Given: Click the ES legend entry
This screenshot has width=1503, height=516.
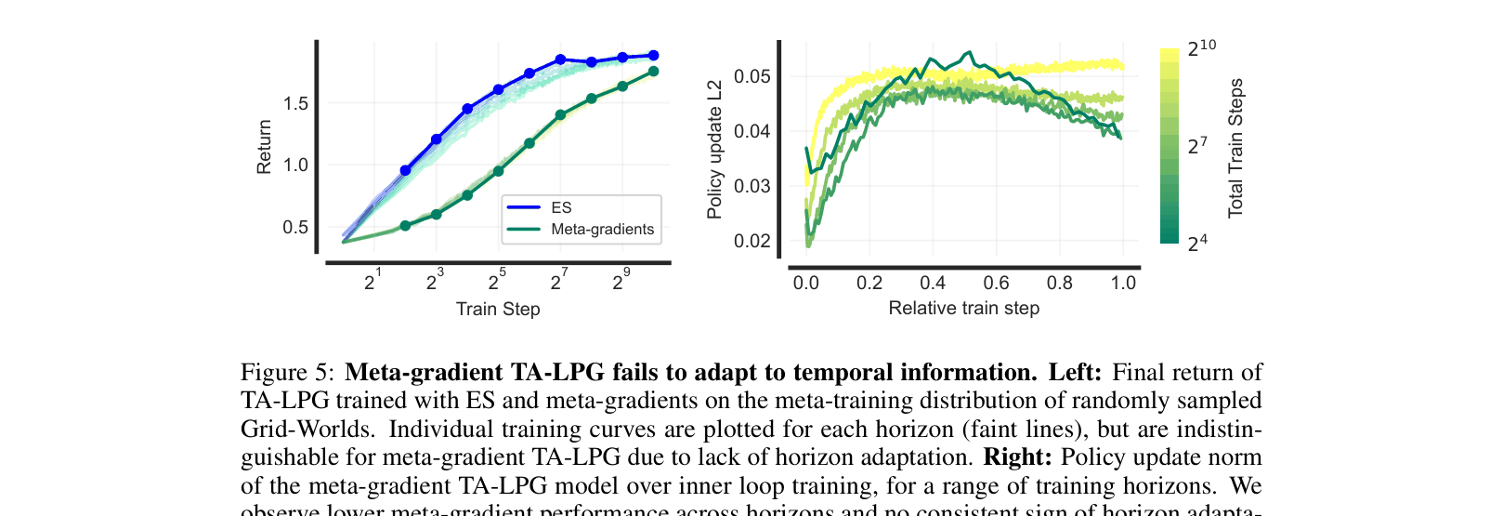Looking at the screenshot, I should click(561, 208).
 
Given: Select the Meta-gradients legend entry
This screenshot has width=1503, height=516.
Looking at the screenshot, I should click(602, 230).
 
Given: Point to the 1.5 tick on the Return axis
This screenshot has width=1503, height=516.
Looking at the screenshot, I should click(296, 104).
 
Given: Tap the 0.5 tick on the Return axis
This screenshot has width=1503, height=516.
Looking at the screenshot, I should click(296, 228).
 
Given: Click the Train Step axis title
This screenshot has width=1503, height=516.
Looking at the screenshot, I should click(498, 310).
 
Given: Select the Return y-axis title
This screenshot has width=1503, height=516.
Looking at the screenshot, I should click(265, 147).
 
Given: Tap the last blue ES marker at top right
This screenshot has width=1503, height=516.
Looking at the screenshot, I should click(653, 56).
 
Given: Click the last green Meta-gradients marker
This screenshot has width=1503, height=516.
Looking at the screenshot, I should click(653, 72).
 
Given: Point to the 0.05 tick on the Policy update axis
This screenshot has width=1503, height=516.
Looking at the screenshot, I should click(752, 76).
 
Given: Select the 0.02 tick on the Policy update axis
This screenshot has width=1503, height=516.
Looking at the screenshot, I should click(752, 242).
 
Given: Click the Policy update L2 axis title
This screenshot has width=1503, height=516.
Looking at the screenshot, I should click(714, 151).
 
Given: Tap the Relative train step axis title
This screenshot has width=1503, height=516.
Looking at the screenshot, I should click(963, 309).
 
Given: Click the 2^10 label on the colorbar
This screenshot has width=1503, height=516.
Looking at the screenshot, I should click(1200, 48).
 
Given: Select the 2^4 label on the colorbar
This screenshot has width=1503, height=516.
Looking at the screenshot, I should click(1197, 245).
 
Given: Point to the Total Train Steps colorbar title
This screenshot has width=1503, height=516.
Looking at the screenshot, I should click(1235, 149).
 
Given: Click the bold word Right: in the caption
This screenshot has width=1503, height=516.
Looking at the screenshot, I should click(1017, 457).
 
